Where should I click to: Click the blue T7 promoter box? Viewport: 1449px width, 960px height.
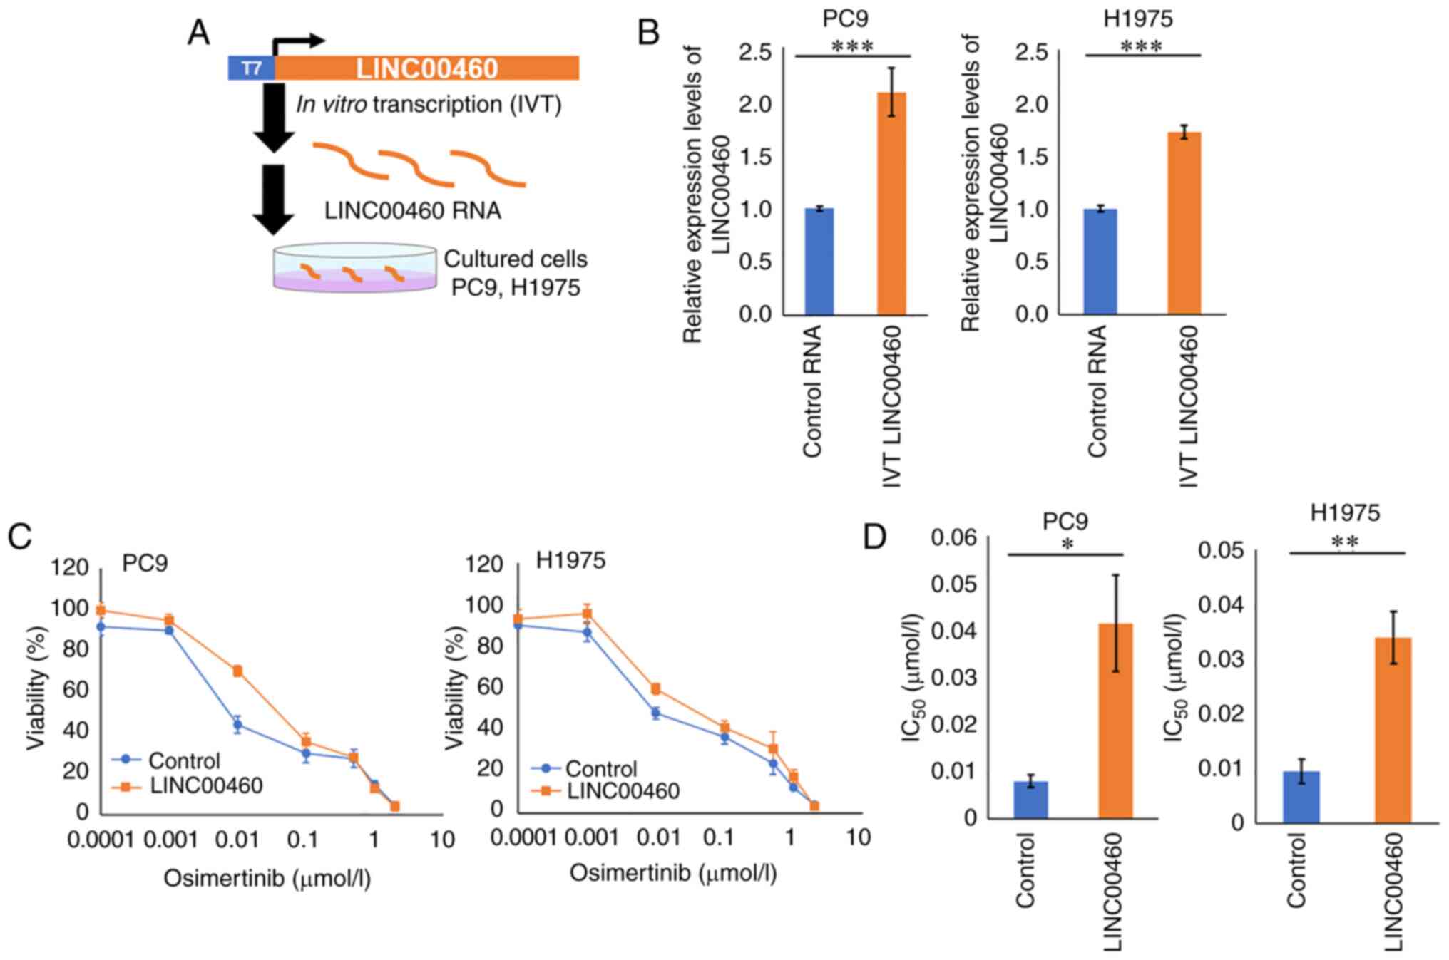point(251,68)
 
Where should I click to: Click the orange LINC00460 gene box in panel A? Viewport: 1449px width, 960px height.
point(426,68)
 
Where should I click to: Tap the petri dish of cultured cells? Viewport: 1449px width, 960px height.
point(354,269)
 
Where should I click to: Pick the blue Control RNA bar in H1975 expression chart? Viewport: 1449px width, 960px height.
point(1100,262)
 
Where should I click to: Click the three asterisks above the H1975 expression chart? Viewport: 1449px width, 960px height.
point(1141,47)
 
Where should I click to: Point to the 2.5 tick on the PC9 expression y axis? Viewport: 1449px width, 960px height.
point(755,52)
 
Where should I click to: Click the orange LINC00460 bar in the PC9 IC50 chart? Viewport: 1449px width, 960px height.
point(1115,721)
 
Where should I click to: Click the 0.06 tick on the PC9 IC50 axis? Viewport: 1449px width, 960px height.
point(954,537)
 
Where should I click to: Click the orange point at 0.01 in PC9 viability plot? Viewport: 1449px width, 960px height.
point(237,671)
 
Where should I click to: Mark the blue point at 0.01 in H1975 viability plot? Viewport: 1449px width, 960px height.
point(655,713)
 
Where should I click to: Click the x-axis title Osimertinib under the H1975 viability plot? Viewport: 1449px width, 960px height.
point(672,873)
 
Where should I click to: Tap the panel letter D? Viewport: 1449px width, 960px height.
point(875,537)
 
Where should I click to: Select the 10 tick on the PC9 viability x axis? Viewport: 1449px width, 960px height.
point(442,840)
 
